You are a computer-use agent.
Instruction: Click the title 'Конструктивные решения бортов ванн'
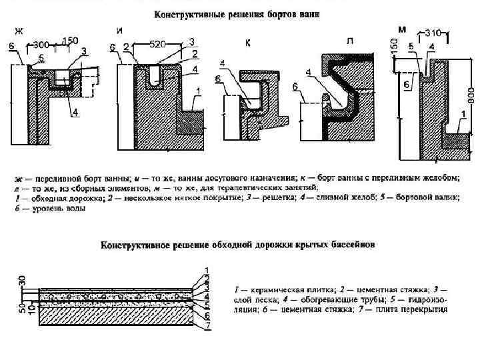click(237, 15)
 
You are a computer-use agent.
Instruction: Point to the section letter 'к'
click(248, 43)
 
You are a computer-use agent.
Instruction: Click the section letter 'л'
click(349, 41)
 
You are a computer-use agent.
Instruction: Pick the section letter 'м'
click(402, 29)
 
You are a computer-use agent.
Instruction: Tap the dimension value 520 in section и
click(157, 44)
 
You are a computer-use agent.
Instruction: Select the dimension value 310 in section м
click(434, 32)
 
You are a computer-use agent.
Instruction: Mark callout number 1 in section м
click(463, 114)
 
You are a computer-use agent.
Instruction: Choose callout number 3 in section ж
click(84, 51)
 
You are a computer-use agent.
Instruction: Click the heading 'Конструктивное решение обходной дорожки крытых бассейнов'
click(237, 245)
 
